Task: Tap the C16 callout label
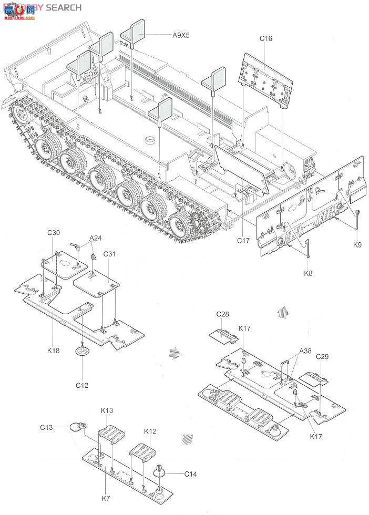coord(266,38)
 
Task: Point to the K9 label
coord(357,244)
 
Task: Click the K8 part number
coord(309,273)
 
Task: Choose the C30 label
coord(54,233)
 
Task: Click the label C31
coord(109,254)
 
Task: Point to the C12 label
coord(81,385)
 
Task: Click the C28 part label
coord(222,314)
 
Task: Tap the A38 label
coord(306,351)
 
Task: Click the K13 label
coord(107,410)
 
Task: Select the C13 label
coord(46,427)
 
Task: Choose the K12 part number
coord(150,431)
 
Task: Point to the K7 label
coord(107,497)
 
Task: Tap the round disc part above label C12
coord(82,351)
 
